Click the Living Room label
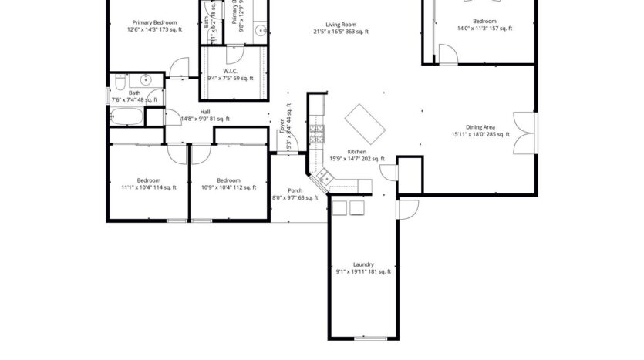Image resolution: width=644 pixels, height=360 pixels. click(x=340, y=25)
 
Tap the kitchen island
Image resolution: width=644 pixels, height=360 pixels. click(x=365, y=122)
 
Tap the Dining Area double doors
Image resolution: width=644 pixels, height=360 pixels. click(x=526, y=133)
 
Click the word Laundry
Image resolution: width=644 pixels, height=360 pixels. click(x=363, y=264)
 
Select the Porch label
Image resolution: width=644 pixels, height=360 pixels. click(x=295, y=190)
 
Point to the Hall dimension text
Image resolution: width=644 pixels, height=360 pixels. click(x=204, y=119)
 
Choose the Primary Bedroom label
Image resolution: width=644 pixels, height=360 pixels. click(x=154, y=22)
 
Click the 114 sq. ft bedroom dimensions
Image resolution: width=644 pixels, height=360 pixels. click(x=148, y=187)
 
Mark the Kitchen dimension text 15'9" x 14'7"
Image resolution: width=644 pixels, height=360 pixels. click(x=356, y=159)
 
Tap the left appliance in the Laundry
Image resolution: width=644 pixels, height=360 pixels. click(x=339, y=207)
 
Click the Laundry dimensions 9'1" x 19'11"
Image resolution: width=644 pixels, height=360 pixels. click(x=363, y=272)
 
